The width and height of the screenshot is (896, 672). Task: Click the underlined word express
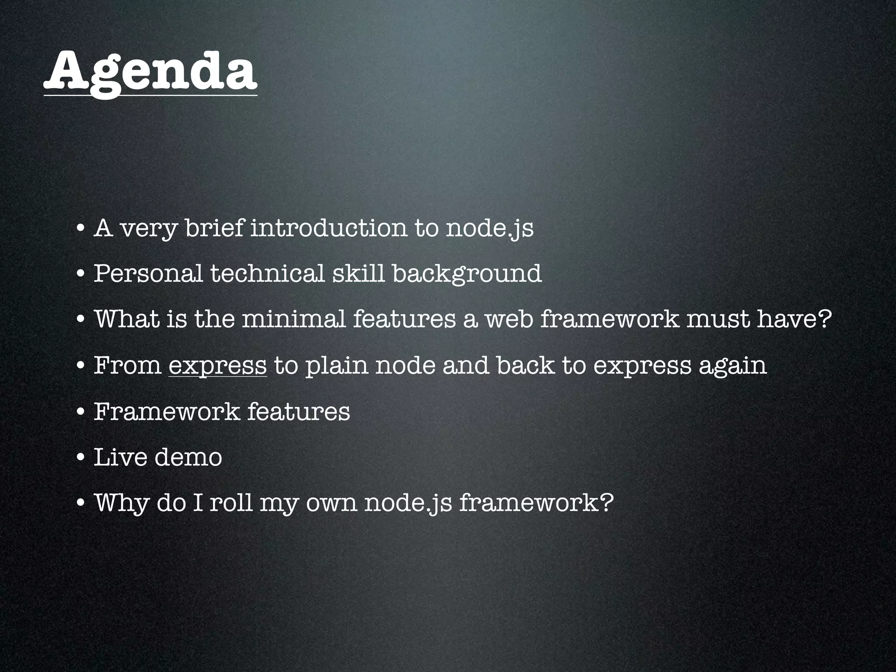coord(217,365)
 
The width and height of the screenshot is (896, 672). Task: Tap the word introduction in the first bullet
coord(329,227)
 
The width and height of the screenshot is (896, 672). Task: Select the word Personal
coord(148,273)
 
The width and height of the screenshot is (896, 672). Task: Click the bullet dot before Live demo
coord(80,458)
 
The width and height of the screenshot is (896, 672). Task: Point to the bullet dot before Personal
coord(80,274)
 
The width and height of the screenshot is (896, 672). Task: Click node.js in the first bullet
coord(489,228)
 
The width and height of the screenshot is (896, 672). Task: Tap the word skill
coord(358,273)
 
